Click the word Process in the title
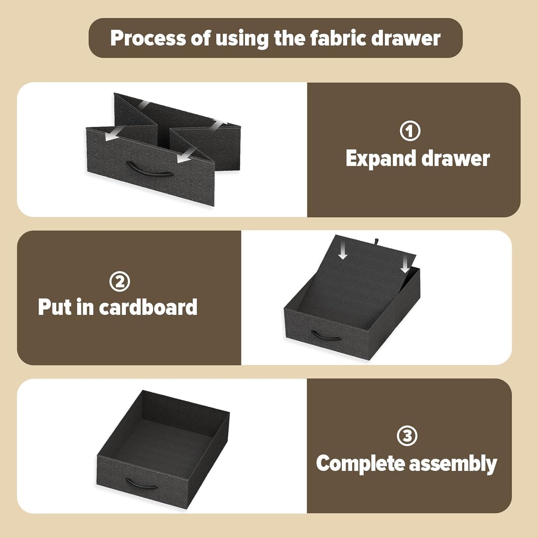click(148, 38)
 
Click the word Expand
click(381, 159)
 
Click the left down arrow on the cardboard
click(343, 252)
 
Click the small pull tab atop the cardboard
click(376, 241)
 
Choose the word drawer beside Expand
click(456, 159)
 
